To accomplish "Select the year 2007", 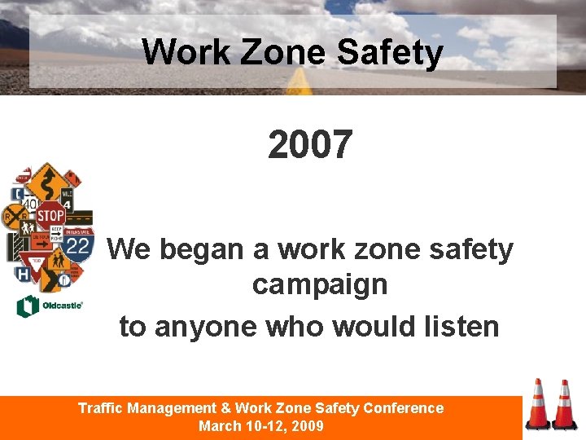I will point(310,145).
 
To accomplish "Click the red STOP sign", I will point(50,217).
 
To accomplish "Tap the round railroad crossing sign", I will point(15,216).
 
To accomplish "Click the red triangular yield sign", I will point(35,265).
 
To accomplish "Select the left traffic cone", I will point(538,405).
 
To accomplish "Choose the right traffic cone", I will point(564,406).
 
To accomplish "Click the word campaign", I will point(319,284).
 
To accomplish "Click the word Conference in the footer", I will point(404,408).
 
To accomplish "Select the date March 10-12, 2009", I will point(261,426).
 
